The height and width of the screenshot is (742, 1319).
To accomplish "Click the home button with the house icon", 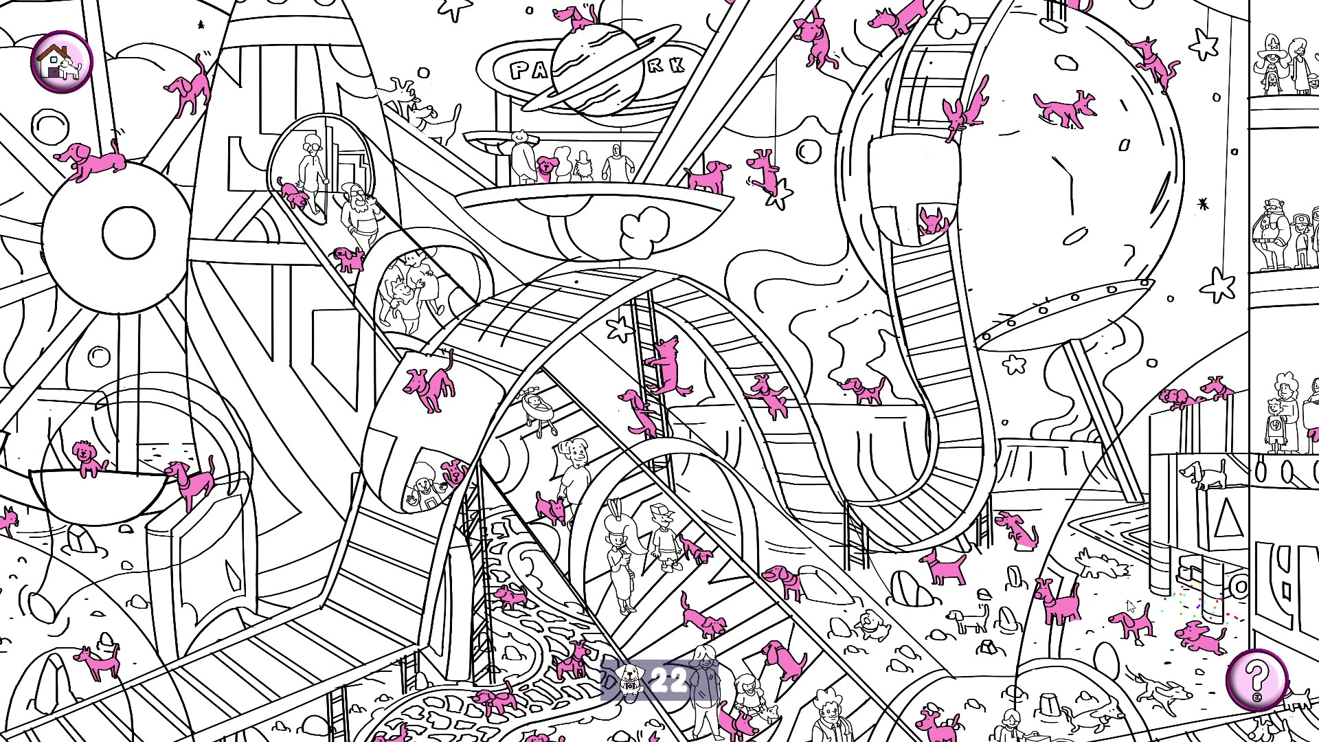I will click(x=61, y=60).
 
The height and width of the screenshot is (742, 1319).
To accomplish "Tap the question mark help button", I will click(x=1256, y=679).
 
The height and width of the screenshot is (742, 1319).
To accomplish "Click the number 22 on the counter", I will click(x=669, y=680).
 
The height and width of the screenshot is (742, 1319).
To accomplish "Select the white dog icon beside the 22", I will click(x=628, y=679).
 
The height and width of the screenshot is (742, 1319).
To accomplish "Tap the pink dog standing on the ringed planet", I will click(x=576, y=16).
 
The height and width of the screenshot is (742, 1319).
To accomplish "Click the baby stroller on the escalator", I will click(x=537, y=412).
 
